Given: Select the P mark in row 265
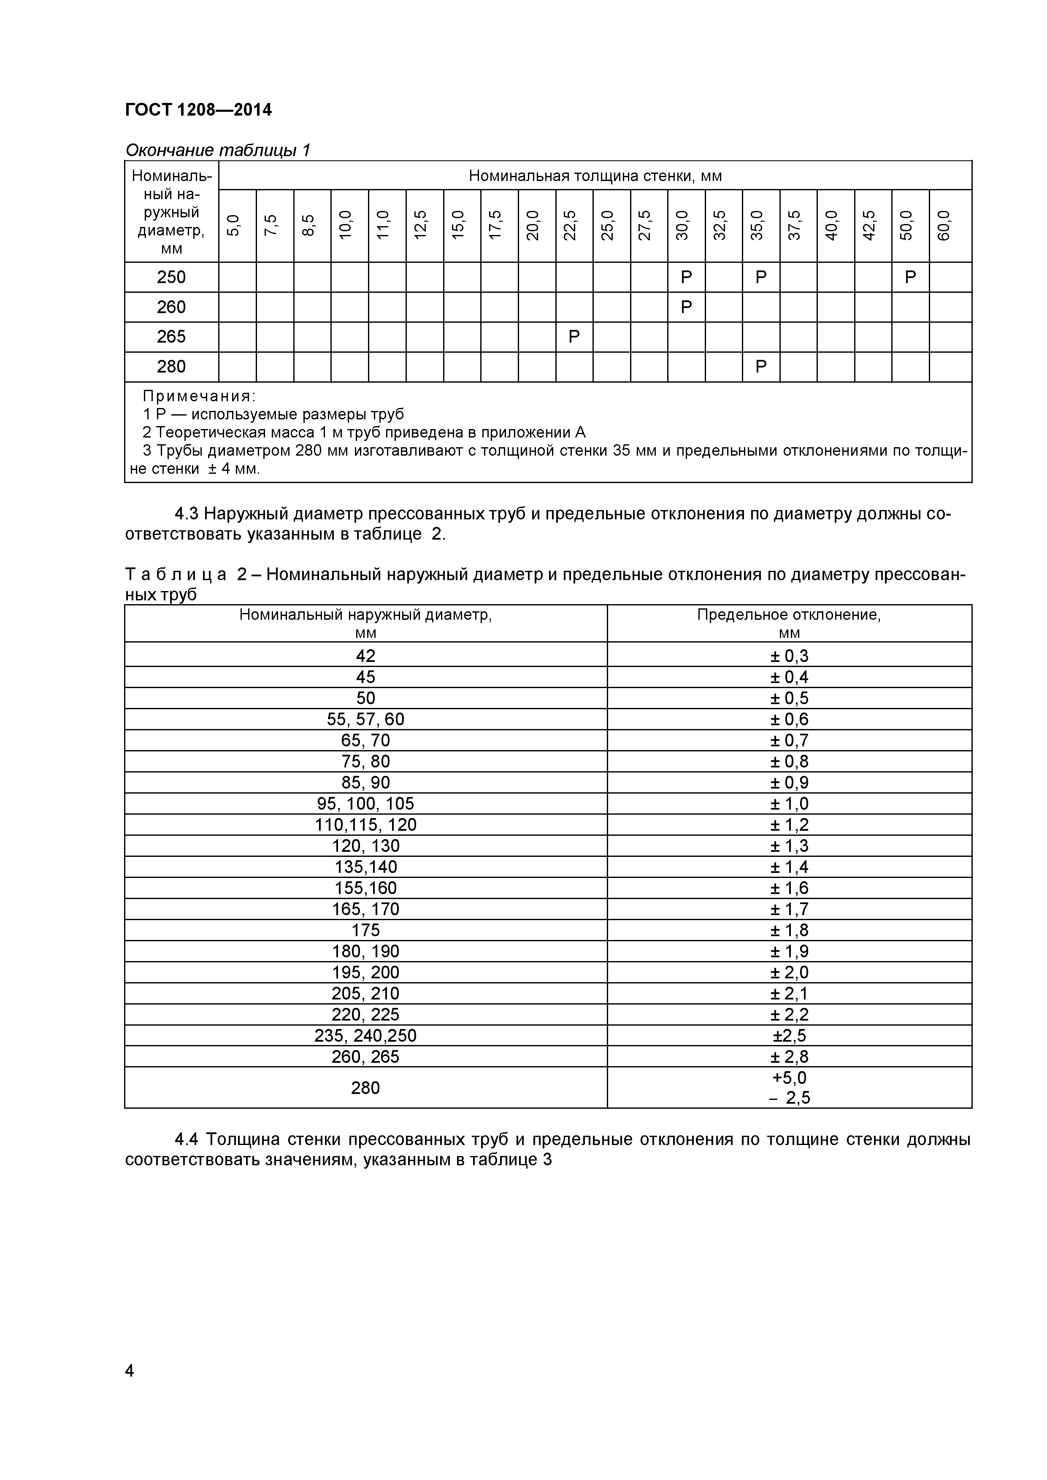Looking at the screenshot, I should [x=574, y=337].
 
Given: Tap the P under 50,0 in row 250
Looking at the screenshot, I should [x=910, y=277].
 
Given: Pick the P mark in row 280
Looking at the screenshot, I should [x=761, y=367].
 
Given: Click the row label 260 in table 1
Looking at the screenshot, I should [x=171, y=307].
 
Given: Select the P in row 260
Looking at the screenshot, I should [x=686, y=307].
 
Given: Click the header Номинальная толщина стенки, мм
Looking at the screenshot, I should [x=595, y=176].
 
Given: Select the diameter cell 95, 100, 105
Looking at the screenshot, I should [x=365, y=803].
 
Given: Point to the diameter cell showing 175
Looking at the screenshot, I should [x=365, y=930].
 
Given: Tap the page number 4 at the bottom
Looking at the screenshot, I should [x=130, y=1370].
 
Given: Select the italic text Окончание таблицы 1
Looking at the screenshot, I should [x=217, y=150].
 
